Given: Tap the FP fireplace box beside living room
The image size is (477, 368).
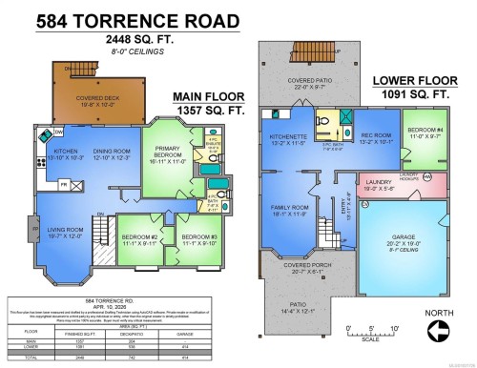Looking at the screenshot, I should [x=34, y=230].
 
